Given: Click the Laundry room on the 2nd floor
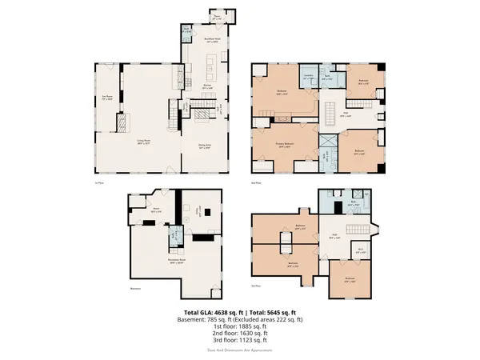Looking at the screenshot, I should coord(309,78).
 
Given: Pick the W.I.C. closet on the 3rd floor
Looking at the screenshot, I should coord(362,250).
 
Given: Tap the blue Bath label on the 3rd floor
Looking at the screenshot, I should coord(332,205).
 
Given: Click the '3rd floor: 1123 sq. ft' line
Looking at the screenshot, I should coord(240,341).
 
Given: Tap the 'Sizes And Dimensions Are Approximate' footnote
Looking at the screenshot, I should coord(240,350).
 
